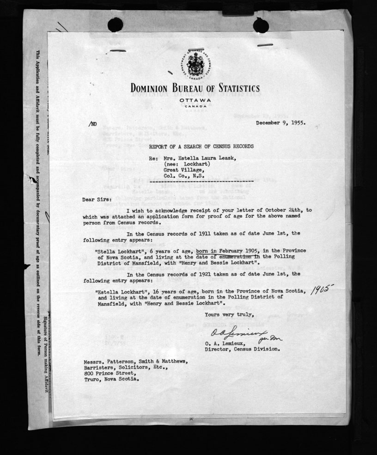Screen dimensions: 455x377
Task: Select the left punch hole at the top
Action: [115, 24]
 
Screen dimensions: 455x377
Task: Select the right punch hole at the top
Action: [260, 25]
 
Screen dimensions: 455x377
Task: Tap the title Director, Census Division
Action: [242, 349]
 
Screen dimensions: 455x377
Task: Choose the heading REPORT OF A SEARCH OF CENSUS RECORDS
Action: [201, 146]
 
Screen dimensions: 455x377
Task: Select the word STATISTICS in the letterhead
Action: [230, 88]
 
